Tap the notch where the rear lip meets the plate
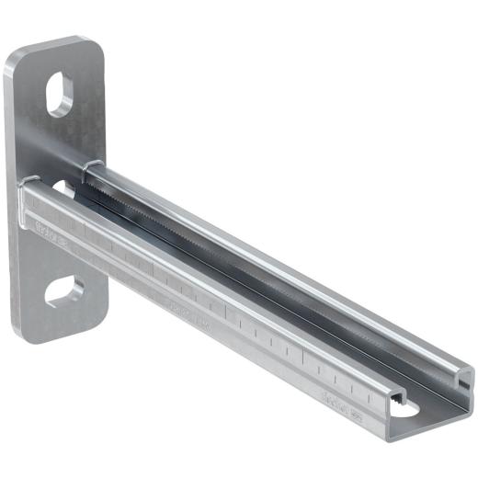(x=90, y=165)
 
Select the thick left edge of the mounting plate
(x=11, y=193)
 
